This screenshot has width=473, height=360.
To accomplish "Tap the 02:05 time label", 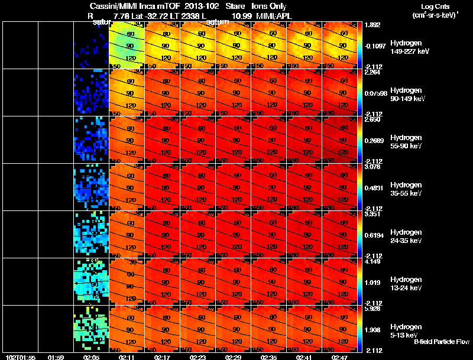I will (x=92, y=357).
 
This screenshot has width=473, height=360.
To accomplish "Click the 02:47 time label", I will (x=340, y=357).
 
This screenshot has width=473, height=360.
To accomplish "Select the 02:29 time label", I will (x=234, y=357).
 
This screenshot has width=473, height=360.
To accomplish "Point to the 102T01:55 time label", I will (x=19, y=357).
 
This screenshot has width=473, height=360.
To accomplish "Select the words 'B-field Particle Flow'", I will (x=442, y=342).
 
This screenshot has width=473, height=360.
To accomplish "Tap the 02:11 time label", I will (x=127, y=357).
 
